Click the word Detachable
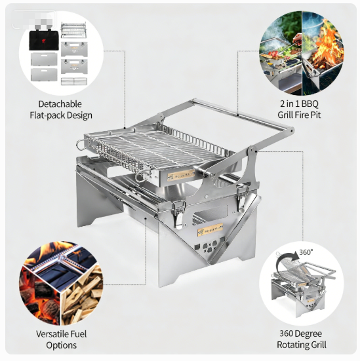pyautogui.click(x=60, y=104)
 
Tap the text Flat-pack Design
pyautogui.click(x=60, y=115)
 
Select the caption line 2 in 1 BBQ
pyautogui.click(x=298, y=104)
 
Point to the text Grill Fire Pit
pyautogui.click(x=298, y=115)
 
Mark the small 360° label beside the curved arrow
pyautogui.click(x=306, y=252)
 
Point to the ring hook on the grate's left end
pyautogui.click(x=81, y=144)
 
